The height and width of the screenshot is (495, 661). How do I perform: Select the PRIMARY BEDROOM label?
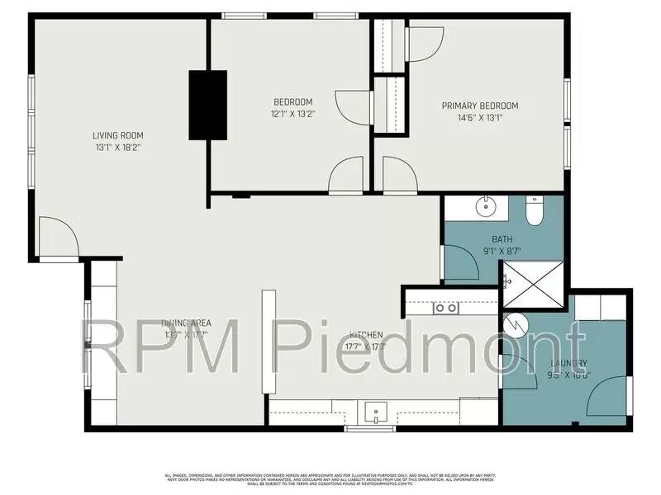(479, 106)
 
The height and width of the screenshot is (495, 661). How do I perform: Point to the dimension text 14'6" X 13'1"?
(479, 118)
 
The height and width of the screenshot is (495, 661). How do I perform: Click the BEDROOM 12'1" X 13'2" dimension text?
(292, 114)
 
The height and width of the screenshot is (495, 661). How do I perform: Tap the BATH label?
(502, 239)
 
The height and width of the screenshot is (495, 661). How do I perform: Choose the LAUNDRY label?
(569, 364)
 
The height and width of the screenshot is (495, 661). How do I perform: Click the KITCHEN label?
(365, 334)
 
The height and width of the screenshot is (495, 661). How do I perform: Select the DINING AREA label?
(187, 323)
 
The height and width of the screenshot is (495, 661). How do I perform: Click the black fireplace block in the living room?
(207, 105)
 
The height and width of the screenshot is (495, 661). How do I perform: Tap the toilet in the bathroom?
(534, 213)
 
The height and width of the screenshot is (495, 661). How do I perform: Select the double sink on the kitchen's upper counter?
(447, 309)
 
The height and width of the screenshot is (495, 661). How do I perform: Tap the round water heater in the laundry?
(515, 323)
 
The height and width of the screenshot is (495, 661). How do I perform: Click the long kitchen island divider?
(268, 342)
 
